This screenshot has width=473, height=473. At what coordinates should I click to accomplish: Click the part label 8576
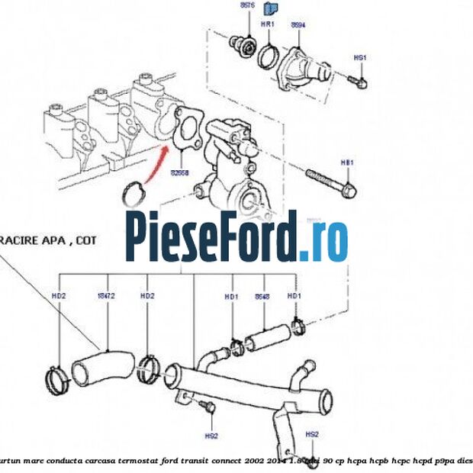(247, 5)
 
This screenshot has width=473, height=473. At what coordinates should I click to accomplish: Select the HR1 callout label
(268, 24)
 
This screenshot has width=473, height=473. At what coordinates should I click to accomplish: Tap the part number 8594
(298, 24)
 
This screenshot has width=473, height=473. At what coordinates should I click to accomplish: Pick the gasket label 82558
(180, 173)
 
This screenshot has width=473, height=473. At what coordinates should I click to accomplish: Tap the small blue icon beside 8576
(268, 9)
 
